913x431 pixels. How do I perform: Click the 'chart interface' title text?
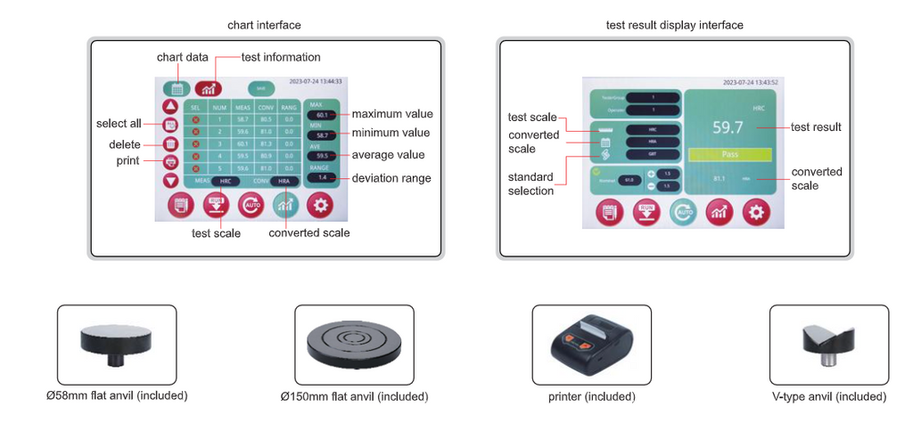265,25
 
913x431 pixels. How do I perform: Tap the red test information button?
208,87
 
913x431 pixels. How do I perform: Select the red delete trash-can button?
170,143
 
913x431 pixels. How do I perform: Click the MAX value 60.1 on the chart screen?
320,115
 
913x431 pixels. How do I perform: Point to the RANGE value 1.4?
320,178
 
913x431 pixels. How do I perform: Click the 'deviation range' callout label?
391,178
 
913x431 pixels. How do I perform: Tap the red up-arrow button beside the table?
170,105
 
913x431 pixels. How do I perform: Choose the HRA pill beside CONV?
283,180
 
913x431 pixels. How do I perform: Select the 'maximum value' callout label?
391,114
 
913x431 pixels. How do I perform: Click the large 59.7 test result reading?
728,127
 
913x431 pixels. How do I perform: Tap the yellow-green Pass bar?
728,154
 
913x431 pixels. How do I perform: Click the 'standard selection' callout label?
531,183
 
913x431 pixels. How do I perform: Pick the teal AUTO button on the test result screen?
682,211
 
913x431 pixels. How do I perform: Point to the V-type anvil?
828,343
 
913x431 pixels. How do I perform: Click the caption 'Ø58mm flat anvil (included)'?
117,395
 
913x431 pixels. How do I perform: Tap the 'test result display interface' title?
674,25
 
